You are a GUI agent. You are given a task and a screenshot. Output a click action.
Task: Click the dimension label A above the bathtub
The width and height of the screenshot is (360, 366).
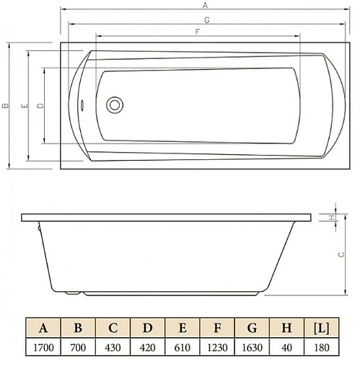pos(205,4)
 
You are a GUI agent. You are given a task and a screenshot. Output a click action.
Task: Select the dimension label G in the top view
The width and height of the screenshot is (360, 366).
pos(206,20)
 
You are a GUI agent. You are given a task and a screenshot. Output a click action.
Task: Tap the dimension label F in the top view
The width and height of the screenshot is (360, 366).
pos(196,32)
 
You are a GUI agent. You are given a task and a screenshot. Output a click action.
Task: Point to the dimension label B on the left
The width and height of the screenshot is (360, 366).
pos(4,106)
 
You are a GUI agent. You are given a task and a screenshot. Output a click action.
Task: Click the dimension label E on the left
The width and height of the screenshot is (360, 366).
pos(24,106)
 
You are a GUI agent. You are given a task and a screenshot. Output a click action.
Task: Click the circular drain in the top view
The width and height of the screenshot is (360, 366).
pos(115,105)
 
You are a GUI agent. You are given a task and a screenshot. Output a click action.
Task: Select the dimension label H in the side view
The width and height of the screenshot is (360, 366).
pos(330,218)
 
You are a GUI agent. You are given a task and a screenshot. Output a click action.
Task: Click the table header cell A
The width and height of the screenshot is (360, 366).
pos(43,329)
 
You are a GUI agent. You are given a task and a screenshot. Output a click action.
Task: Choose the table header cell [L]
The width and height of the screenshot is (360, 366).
pos(322,329)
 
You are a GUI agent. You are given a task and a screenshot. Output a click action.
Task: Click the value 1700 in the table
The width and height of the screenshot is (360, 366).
pos(43,348)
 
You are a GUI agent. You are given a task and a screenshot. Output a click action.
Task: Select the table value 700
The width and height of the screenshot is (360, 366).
pos(78,348)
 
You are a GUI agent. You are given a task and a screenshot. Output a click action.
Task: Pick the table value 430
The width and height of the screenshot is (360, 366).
pos(113,348)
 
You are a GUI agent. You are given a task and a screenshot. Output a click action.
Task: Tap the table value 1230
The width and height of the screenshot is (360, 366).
pos(217,348)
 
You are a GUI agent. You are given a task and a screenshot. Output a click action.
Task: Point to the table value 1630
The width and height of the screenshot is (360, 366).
pos(252,348)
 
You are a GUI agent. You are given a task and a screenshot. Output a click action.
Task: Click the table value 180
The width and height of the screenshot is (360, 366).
pos(322,348)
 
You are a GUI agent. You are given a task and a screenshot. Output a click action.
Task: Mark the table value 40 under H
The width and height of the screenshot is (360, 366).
pos(287,348)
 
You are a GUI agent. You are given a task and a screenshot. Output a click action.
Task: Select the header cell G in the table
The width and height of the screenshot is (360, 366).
pos(252,329)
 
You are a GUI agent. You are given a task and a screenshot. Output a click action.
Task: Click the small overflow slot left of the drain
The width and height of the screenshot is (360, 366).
pos(84,105)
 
